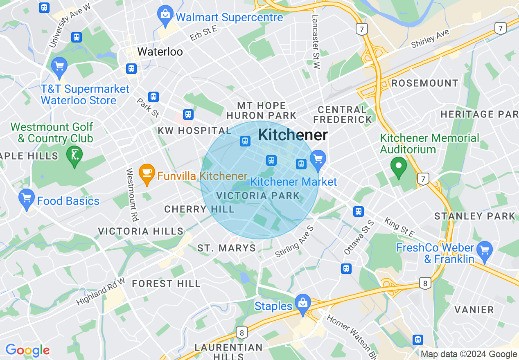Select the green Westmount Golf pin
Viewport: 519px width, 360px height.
pos(74,155)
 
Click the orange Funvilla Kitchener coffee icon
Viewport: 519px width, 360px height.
pos(147,173)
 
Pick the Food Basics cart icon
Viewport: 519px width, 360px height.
pos(27,199)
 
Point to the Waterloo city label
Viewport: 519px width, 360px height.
pos(160,52)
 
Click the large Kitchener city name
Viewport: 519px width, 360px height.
pos(293,135)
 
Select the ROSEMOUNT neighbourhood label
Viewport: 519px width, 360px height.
pos(425,83)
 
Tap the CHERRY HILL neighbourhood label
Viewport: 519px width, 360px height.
pos(199,209)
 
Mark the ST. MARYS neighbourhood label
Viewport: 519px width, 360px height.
pos(226,248)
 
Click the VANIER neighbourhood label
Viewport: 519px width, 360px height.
pos(474,310)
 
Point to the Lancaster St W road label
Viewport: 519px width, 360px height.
pos(315,42)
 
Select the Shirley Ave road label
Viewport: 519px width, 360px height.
pos(430,39)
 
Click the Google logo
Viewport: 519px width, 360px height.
pos(27,350)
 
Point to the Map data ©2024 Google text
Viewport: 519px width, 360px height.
pos(469,354)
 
